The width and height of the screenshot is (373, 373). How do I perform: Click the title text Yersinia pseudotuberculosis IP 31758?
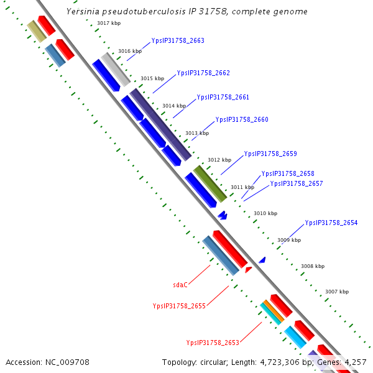click(x=186, y=12)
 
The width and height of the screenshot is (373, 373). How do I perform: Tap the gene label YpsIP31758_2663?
click(x=178, y=41)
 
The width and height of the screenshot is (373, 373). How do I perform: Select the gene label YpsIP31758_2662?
click(x=203, y=73)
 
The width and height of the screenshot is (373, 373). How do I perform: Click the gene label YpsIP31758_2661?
click(x=223, y=97)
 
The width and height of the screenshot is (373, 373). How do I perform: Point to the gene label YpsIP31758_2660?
click(x=242, y=119)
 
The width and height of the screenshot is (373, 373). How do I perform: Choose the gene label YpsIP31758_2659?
click(x=270, y=154)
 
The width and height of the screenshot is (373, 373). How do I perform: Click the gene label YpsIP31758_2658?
click(x=288, y=174)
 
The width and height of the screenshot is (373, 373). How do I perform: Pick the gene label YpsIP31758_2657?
click(x=297, y=183)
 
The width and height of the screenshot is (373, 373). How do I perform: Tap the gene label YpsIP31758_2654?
click(x=331, y=223)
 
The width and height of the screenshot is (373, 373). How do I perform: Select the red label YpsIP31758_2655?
click(x=179, y=306)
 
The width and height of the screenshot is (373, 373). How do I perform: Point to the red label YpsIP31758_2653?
click(x=213, y=343)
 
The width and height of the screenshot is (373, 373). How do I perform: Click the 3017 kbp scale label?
click(x=109, y=24)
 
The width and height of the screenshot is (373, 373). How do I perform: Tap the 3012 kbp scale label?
click(x=219, y=160)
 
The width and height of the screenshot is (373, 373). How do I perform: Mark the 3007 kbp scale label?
click(x=337, y=292)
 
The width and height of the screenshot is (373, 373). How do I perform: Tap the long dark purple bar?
click(x=160, y=124)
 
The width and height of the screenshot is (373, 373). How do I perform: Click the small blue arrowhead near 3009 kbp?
click(x=262, y=260)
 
